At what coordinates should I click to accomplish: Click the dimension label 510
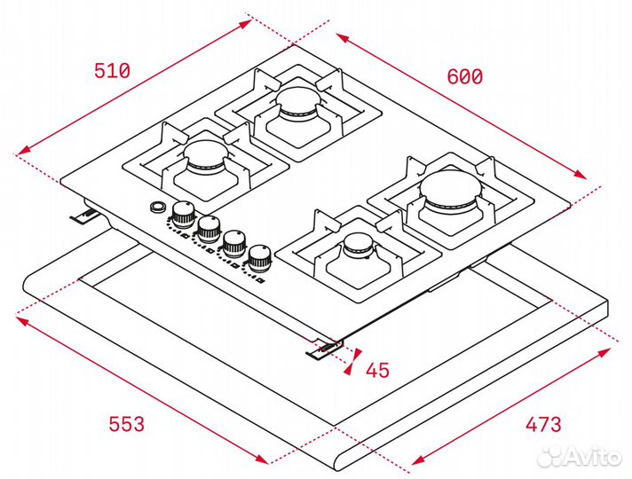(x=112, y=71)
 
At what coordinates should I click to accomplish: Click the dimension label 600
(x=464, y=77)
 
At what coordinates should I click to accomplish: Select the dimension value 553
(x=126, y=425)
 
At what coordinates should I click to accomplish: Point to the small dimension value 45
(x=377, y=370)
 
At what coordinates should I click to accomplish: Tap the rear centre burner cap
(x=296, y=99)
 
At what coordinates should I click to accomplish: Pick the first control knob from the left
(x=185, y=212)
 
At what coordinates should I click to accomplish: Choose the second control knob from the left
(x=209, y=226)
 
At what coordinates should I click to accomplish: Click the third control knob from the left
(x=234, y=241)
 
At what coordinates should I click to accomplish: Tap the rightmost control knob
(x=259, y=257)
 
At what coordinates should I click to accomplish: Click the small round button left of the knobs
(x=158, y=208)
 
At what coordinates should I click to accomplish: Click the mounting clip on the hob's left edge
(x=86, y=217)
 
